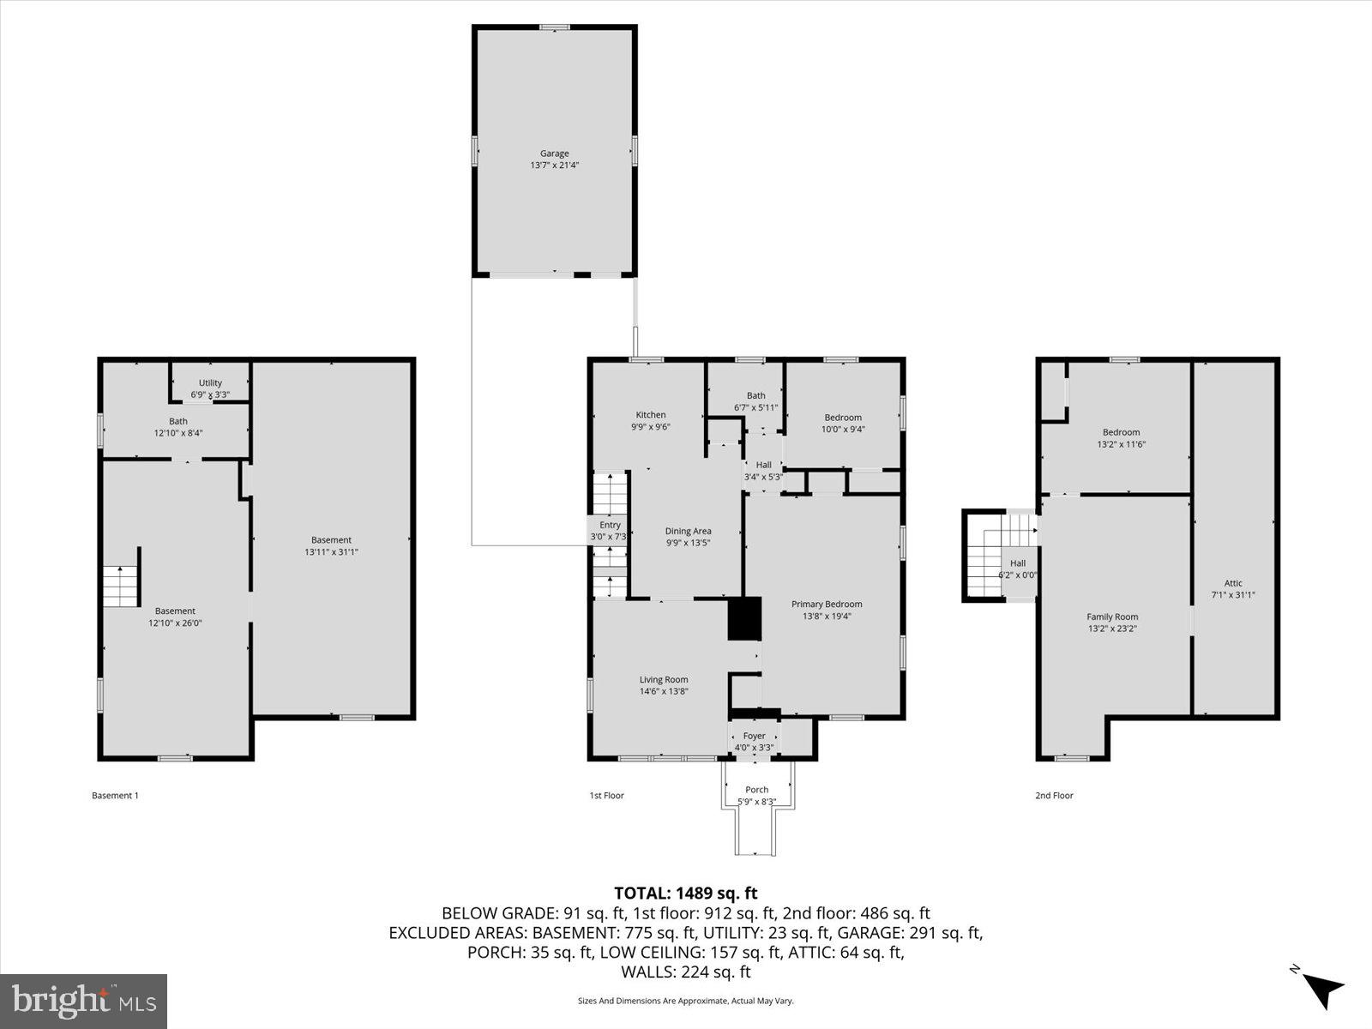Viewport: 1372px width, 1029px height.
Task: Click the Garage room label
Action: click(x=554, y=154)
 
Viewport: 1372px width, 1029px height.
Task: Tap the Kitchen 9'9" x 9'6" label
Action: click(x=650, y=421)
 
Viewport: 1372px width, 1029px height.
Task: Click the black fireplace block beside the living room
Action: click(x=744, y=618)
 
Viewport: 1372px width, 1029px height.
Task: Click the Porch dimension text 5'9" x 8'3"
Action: click(x=756, y=802)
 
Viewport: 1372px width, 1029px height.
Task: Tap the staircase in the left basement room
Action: click(x=121, y=587)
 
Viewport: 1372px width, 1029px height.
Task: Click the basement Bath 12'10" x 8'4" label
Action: click(x=178, y=427)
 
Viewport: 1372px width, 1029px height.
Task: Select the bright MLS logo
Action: click(x=83, y=1001)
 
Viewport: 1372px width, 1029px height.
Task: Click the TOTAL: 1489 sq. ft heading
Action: click(x=685, y=894)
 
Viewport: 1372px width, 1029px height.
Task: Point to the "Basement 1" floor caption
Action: click(x=115, y=796)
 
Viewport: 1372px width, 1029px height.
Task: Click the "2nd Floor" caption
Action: click(x=1054, y=796)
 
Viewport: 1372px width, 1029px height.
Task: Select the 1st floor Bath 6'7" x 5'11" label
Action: click(x=755, y=401)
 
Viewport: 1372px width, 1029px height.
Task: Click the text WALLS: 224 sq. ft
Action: click(x=685, y=972)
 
